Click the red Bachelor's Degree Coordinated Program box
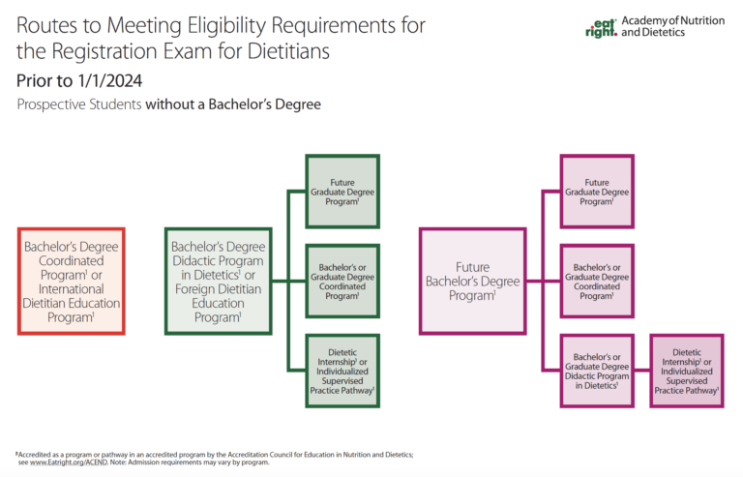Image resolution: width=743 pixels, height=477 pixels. point(72,281)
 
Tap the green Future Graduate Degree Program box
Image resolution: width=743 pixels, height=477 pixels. point(342,191)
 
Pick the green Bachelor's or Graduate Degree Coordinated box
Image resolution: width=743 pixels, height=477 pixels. point(342,281)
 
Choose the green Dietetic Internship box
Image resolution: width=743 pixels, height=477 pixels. point(342,370)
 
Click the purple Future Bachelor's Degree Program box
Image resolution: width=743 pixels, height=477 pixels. point(472,281)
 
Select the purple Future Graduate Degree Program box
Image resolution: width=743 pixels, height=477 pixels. point(597,191)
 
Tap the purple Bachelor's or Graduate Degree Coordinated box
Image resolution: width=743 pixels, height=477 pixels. point(597,281)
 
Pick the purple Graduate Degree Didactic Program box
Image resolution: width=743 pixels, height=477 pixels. point(597,370)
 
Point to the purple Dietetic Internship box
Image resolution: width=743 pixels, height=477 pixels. point(686,370)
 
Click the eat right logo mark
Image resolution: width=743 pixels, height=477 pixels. point(600,26)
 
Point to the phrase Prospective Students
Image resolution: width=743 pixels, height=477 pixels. point(77,104)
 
